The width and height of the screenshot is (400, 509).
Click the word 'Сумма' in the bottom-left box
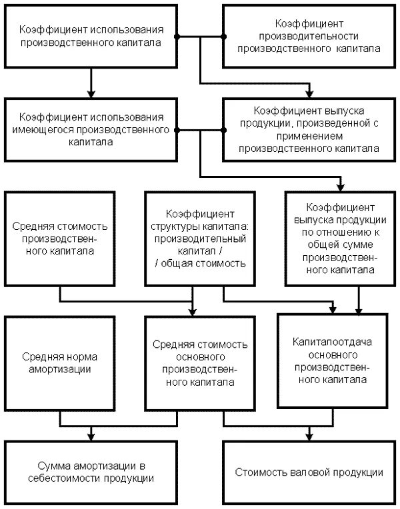point(53,466)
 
